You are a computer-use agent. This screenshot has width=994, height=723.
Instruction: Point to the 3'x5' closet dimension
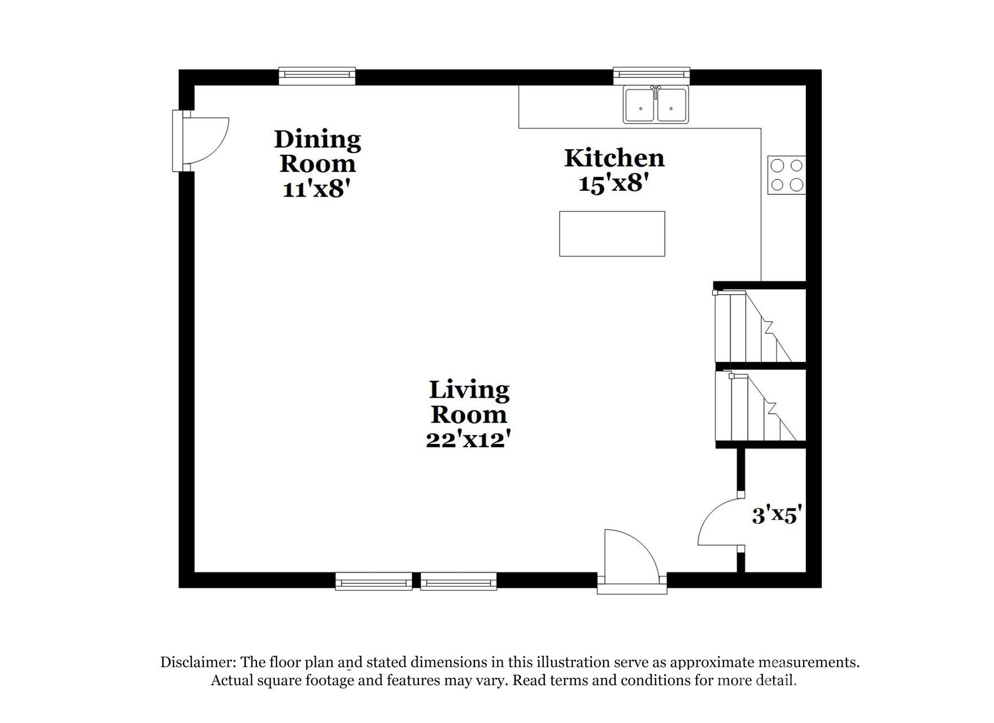[x=777, y=515]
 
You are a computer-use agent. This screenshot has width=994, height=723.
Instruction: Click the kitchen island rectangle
[x=612, y=233]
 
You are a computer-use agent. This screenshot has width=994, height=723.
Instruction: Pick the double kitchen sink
[x=656, y=106]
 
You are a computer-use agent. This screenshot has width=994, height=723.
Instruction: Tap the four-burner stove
[x=787, y=175]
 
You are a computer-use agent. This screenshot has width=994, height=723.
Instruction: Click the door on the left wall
[x=203, y=141]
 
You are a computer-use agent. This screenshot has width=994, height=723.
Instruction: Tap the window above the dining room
[x=317, y=76]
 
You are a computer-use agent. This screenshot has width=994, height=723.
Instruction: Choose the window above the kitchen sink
[x=651, y=76]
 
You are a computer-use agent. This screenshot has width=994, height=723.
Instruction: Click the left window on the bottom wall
[x=373, y=581]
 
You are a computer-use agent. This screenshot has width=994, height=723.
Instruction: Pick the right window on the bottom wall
[x=459, y=581]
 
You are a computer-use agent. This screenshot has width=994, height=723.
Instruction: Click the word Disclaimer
[x=198, y=662]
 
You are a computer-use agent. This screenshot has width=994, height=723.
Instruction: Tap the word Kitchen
[x=614, y=158]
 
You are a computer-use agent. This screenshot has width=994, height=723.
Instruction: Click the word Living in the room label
[x=469, y=390]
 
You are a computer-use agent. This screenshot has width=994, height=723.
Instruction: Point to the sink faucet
[x=656, y=90]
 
